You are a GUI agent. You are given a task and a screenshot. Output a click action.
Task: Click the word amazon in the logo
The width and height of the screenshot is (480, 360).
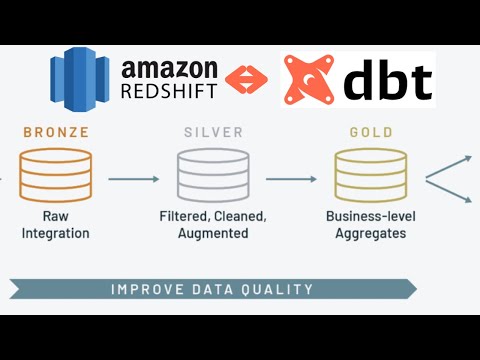[169, 68]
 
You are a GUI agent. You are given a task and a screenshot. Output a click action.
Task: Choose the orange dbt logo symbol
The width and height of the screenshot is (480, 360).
[307, 79]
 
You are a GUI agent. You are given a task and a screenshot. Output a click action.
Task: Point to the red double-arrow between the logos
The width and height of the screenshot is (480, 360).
[247, 79]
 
